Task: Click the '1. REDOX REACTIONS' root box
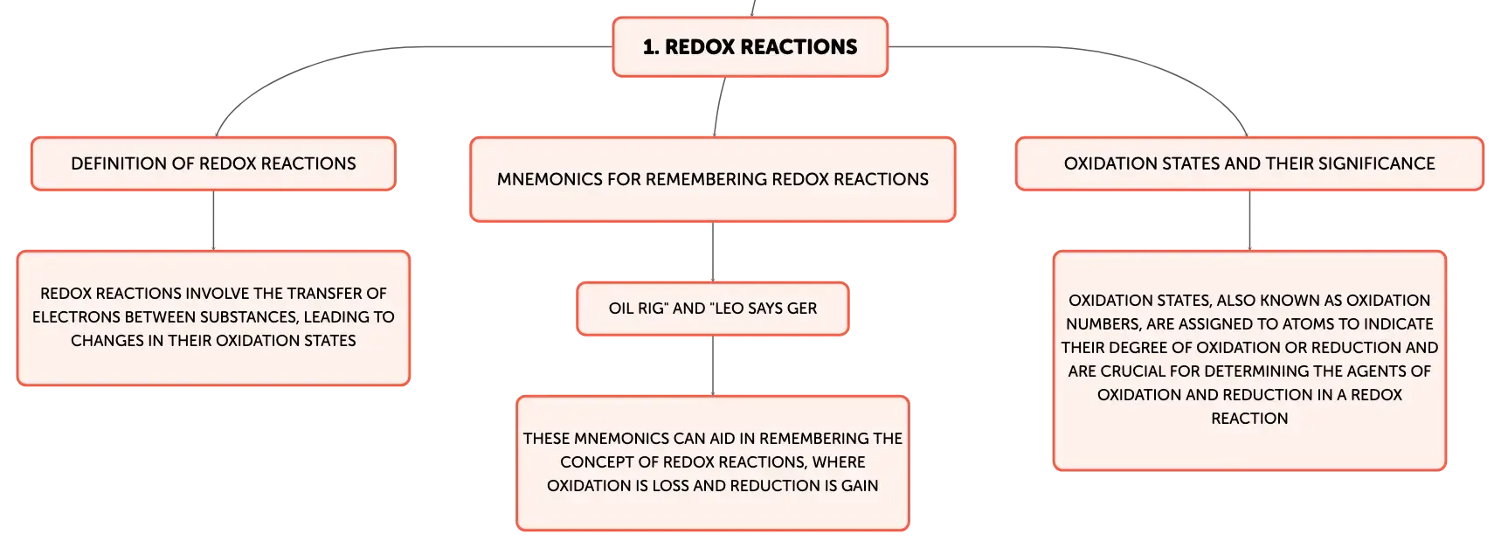click(750, 47)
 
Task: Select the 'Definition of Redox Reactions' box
click(213, 163)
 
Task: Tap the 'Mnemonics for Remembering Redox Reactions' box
click(713, 179)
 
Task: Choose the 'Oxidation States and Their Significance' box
click(1249, 163)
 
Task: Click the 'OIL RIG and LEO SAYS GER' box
click(713, 309)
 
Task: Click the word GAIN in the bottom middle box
click(860, 486)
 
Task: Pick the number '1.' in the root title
click(651, 47)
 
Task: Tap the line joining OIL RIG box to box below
click(713, 365)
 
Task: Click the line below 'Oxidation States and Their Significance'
click(1249, 220)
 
